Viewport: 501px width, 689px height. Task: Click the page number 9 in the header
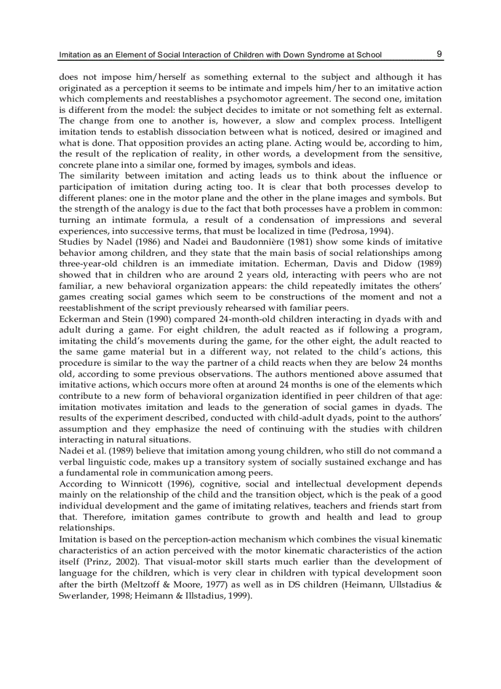(440, 53)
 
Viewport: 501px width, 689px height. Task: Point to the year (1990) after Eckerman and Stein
(138, 319)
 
